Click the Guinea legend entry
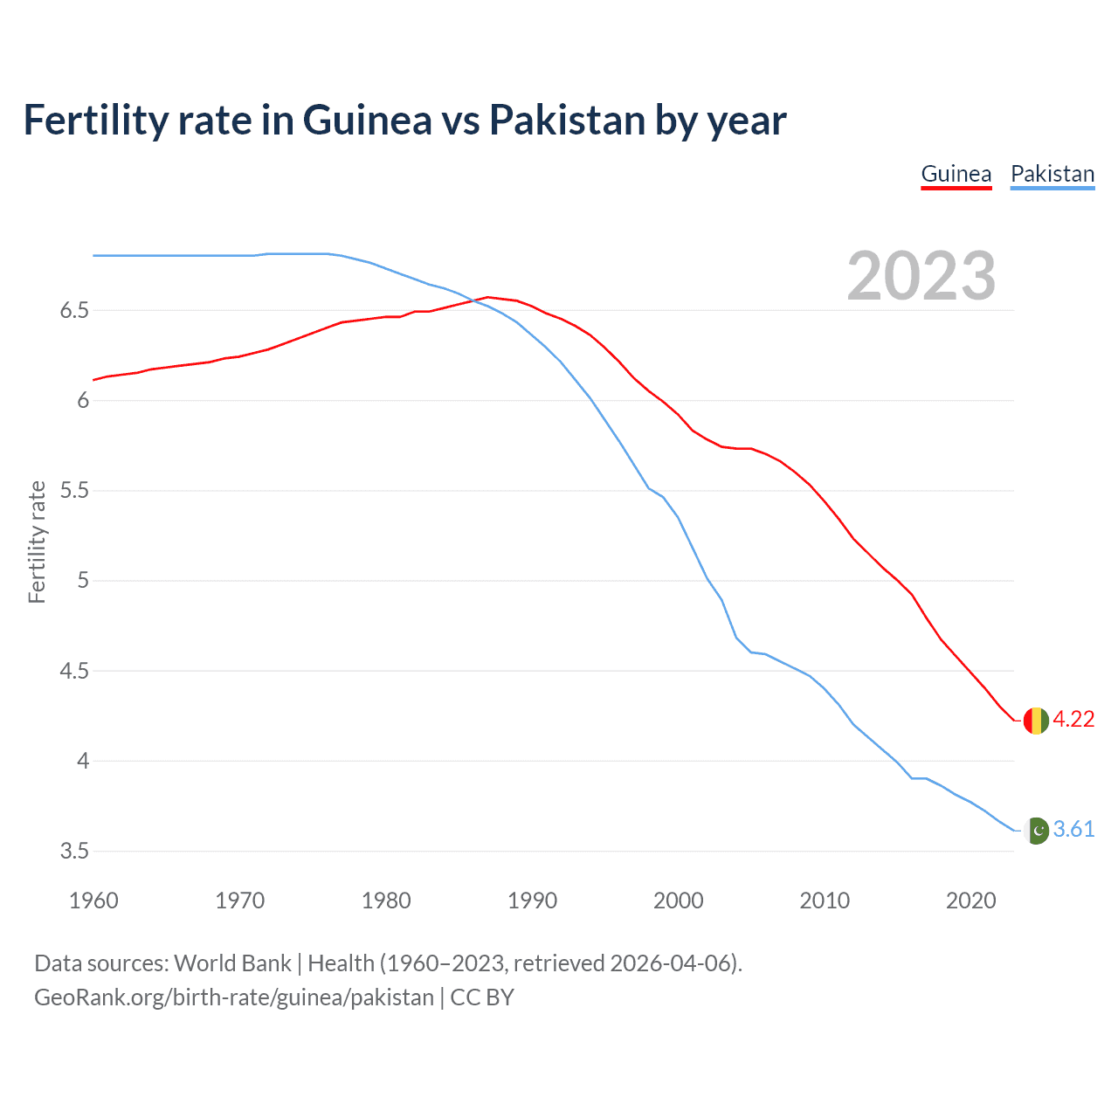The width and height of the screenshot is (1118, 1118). [x=956, y=174]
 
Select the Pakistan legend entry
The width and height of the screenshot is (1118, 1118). [x=1052, y=174]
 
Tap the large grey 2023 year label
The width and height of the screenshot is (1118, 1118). [x=921, y=276]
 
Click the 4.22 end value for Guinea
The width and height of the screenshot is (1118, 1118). [x=1073, y=719]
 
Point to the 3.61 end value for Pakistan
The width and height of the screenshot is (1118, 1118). [x=1073, y=829]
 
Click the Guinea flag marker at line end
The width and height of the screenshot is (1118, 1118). [x=1036, y=720]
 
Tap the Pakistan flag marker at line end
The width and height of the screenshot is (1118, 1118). [x=1036, y=830]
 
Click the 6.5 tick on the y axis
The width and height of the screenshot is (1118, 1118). [x=74, y=311]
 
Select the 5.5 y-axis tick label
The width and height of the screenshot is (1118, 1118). [x=74, y=491]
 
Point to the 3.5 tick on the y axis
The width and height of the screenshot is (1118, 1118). [x=74, y=852]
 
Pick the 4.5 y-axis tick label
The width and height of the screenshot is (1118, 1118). [x=74, y=672]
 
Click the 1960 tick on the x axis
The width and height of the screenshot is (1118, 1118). [x=93, y=901]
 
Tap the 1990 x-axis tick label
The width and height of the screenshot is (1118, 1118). [x=532, y=901]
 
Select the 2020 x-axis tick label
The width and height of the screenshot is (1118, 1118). [x=970, y=901]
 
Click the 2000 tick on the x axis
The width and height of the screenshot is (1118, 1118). [x=678, y=901]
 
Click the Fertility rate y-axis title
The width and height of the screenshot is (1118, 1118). [x=37, y=542]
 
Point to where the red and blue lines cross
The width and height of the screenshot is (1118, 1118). [x=475, y=300]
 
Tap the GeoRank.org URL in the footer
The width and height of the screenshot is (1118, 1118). [x=233, y=997]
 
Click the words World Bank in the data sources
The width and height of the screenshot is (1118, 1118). [x=232, y=963]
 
